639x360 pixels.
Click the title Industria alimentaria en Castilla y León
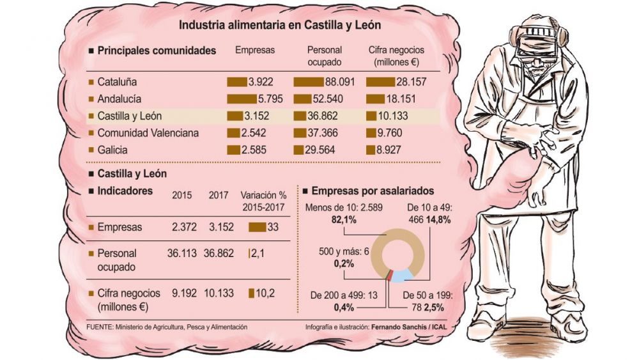coord(280,26)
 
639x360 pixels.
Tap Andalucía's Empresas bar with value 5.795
coord(242,99)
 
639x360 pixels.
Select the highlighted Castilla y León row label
coord(130,116)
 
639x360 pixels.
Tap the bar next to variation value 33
coord(257,227)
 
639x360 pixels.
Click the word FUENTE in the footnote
coord(99,327)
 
